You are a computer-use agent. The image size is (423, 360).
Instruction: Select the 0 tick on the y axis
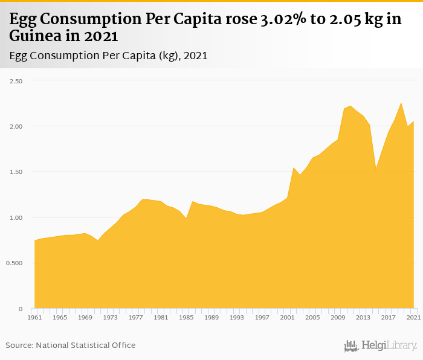[x=20, y=309]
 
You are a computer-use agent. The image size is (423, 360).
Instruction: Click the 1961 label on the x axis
[x=34, y=317]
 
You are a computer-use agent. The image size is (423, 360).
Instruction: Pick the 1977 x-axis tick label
[x=136, y=317]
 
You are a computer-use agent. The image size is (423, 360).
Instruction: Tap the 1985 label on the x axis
[x=186, y=317]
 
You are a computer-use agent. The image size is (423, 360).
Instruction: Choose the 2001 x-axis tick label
[x=288, y=317]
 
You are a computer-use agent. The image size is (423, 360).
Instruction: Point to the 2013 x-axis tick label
[x=363, y=317]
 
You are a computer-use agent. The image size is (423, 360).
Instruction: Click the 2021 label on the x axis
[x=413, y=317]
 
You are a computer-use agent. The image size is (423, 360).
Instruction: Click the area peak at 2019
[x=401, y=103]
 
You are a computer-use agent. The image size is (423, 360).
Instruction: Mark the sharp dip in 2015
[x=376, y=169]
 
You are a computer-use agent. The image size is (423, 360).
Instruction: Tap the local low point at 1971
[x=98, y=240]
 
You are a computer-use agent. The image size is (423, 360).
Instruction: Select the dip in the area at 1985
[x=186, y=218]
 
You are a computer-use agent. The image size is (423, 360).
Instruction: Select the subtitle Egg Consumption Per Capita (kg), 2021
[x=109, y=56]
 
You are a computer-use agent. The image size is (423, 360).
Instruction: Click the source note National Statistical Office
[x=85, y=346]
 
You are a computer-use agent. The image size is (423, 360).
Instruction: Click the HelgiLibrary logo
[x=380, y=346]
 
